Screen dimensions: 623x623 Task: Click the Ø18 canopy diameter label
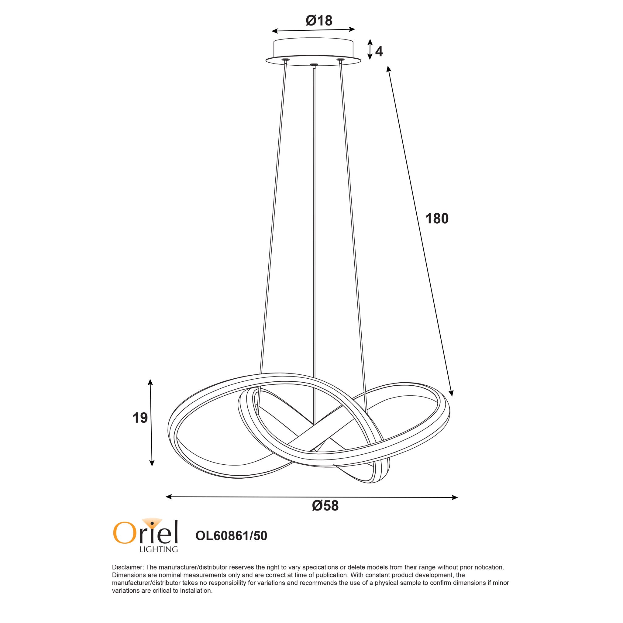pos(318,21)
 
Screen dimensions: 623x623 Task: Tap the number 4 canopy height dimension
pos(379,52)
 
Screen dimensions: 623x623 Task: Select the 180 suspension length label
pos(437,219)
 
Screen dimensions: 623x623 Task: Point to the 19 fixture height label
pos(140,418)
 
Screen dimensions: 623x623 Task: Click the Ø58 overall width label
pos(325,506)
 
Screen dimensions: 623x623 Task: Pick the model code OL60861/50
pos(231,535)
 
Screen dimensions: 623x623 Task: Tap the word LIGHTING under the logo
pos(158,549)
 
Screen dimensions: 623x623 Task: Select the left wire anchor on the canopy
pos(285,60)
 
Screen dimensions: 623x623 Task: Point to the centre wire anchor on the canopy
pos(313,65)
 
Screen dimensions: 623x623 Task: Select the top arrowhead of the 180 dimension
pos(389,69)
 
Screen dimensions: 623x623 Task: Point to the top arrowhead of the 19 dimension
pos(150,382)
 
